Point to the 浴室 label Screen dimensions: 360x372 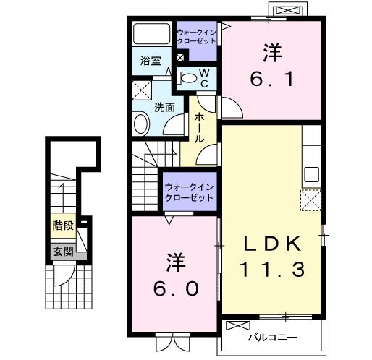coord(151,62)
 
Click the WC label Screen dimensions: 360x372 coord(204,78)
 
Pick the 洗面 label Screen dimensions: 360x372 coord(164,108)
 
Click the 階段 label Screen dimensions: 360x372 coord(63,226)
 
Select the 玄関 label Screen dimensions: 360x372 coord(63,252)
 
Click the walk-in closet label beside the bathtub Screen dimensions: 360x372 coord(197,37)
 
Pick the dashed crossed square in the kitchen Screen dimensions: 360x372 coord(312,198)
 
